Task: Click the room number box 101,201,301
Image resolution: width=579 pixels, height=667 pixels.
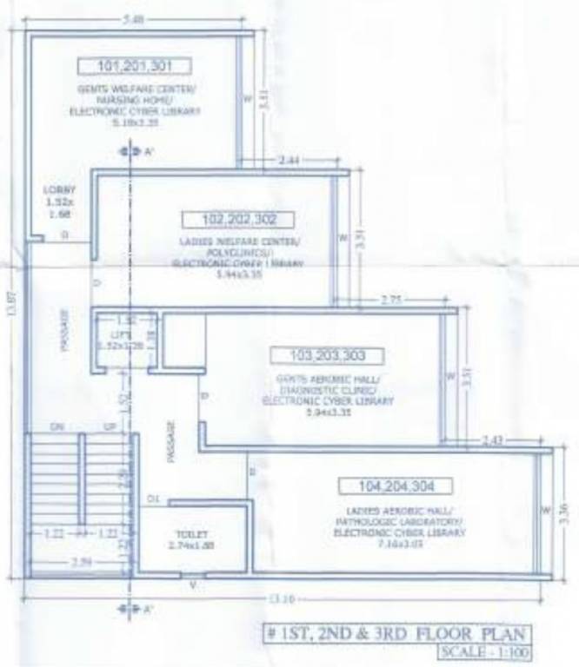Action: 134,66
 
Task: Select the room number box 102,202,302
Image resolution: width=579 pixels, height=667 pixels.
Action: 236,220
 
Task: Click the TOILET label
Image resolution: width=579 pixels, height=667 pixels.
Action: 187,534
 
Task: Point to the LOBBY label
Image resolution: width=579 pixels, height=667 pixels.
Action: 59,189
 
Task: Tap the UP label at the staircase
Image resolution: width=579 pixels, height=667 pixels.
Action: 110,427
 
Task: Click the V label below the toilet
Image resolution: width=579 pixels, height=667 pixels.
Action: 192,585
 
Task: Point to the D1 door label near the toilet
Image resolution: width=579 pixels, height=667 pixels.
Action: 153,499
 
